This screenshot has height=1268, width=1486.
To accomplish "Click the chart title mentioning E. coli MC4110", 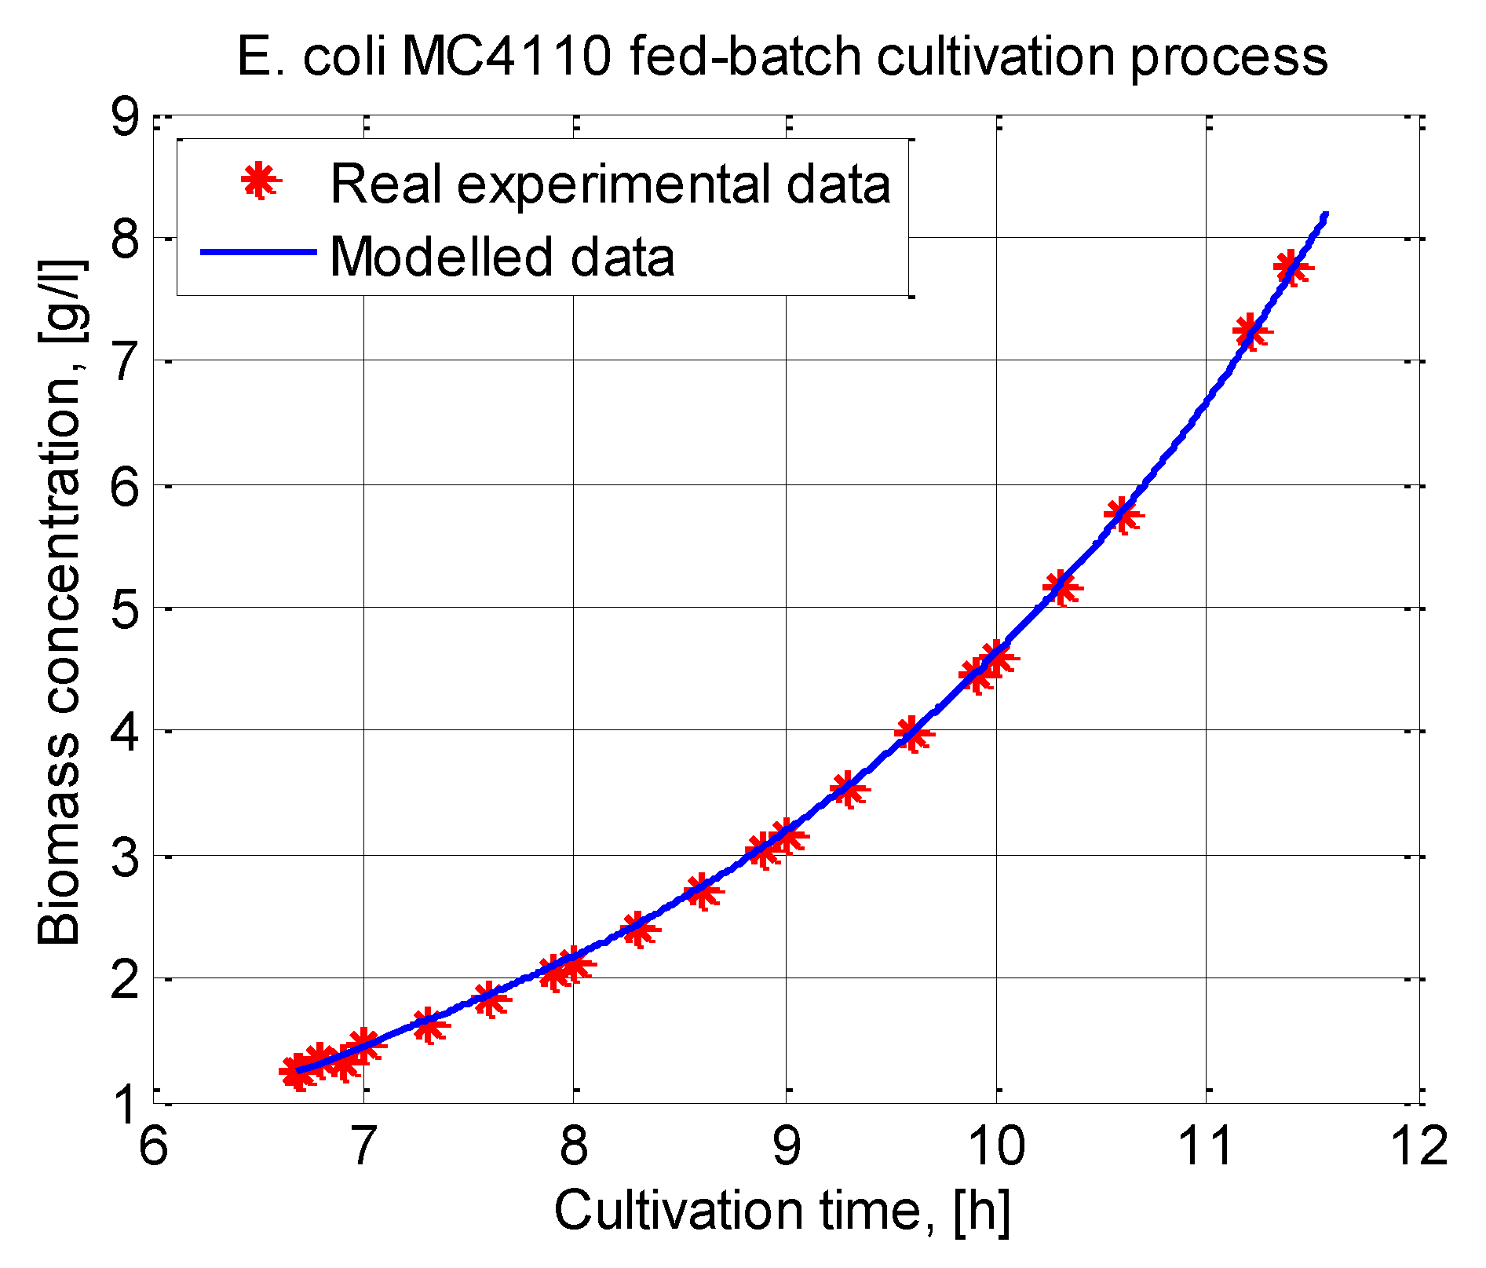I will (782, 57).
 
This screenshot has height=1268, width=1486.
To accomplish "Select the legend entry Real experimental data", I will (610, 184).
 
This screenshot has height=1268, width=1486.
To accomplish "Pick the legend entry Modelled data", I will (502, 256).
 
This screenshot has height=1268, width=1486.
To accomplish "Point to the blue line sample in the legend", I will (257, 252).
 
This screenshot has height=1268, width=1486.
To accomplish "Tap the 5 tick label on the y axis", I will (123, 608).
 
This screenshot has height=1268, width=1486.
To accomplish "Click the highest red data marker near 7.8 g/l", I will (1291, 269).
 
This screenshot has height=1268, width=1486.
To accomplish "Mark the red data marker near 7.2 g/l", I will (1249, 332).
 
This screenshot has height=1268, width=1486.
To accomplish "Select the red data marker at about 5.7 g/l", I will (1121, 515).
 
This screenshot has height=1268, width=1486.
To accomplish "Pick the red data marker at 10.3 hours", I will (1060, 587).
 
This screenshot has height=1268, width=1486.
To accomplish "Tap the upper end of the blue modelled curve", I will (1325, 214).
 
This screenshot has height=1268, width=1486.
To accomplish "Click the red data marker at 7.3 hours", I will (428, 1025).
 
